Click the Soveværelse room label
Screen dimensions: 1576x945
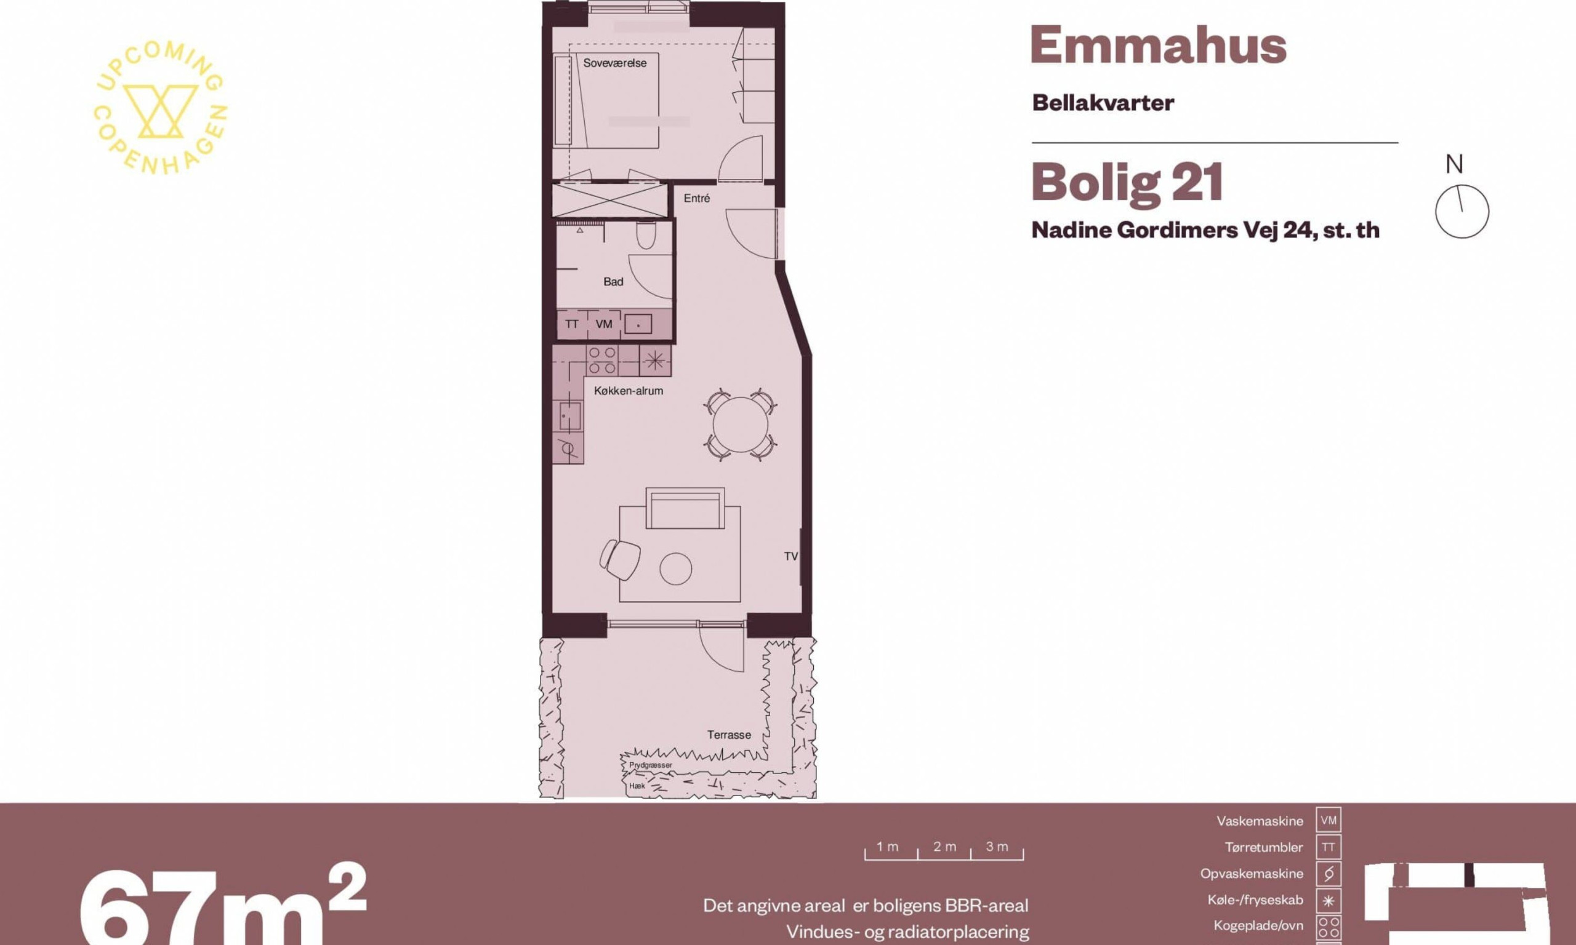click(x=615, y=63)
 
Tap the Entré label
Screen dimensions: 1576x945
click(x=696, y=198)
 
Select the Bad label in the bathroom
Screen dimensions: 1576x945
click(x=613, y=281)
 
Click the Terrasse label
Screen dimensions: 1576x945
click(x=729, y=735)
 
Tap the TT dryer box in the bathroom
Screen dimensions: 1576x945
click(x=571, y=324)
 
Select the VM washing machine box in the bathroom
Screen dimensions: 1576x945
click(x=603, y=324)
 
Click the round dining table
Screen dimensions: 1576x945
click(x=740, y=424)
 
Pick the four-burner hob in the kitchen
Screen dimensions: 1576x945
click(x=602, y=361)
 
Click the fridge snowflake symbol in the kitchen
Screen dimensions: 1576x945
click(x=654, y=361)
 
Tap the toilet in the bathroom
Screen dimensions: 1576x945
click(x=646, y=236)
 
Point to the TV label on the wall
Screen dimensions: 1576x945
click(x=790, y=557)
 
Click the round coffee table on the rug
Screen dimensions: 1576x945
click(x=676, y=568)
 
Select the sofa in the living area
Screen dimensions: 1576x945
click(x=685, y=508)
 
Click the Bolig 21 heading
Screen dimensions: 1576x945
click(x=1127, y=183)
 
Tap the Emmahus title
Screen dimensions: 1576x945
click(x=1158, y=45)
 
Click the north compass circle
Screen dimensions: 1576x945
click(x=1462, y=212)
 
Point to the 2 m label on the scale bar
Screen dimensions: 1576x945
click(x=945, y=847)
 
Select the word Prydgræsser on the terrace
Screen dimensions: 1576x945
click(x=650, y=765)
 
